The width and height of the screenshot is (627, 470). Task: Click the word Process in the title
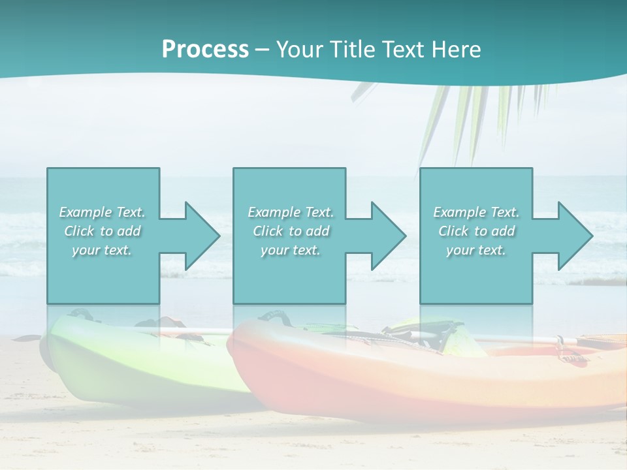[x=205, y=50]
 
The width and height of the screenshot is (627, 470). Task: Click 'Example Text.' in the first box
[x=103, y=212]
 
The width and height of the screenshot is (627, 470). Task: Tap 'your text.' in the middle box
[x=290, y=250]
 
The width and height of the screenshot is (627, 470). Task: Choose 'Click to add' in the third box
[x=477, y=231]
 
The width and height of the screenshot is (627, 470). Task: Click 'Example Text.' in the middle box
[x=290, y=212]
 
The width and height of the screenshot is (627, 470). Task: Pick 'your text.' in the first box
[x=103, y=250]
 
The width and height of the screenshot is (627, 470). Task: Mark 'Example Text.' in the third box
[x=477, y=212]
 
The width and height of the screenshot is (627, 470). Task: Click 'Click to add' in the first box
[x=103, y=231]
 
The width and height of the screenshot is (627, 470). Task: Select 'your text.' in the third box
[x=477, y=250]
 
